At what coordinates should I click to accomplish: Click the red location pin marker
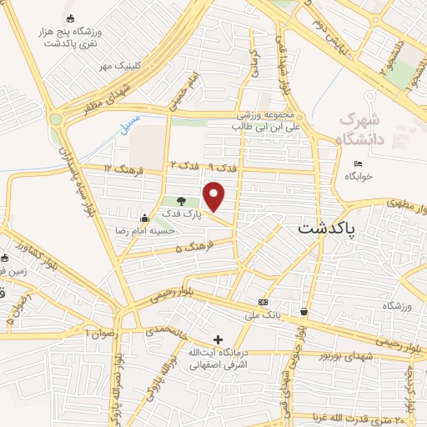214,197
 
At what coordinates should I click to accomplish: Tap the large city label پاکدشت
326,226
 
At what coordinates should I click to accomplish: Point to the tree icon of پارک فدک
182,201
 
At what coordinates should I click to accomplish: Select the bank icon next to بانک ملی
264,301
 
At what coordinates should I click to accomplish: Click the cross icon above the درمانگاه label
219,339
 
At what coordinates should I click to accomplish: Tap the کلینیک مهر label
118,65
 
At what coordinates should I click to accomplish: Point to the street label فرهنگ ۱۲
123,169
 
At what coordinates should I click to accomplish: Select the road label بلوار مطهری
407,203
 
